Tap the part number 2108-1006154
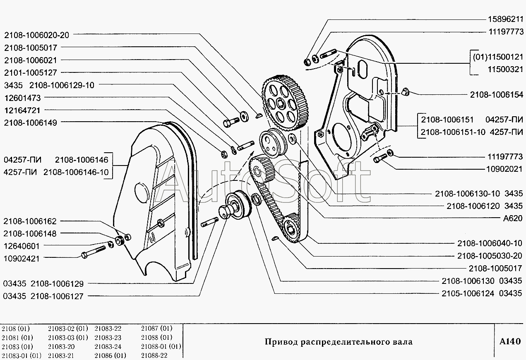pos(497,95)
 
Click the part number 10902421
pos(21,258)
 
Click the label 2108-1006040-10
pos(491,243)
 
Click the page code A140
pos(509,342)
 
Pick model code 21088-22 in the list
pos(154,355)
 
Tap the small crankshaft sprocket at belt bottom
pos(293,229)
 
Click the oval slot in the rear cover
pos(361,71)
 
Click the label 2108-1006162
pos(30,221)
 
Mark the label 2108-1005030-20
pos(491,256)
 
